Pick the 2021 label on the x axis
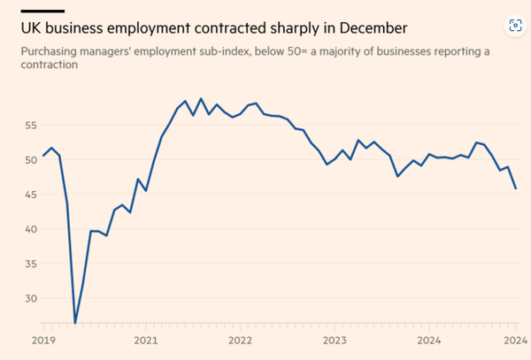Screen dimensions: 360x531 point(145,341)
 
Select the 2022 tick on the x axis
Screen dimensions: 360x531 point(240,341)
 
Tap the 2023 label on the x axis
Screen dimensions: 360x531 point(334,341)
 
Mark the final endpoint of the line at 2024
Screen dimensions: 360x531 point(516,188)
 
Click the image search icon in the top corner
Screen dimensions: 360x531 point(514,25)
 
